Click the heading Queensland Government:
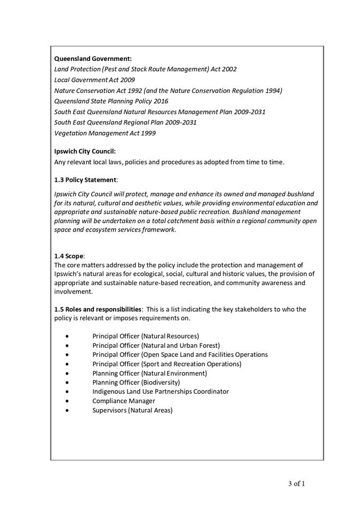[93, 58]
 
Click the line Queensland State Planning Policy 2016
[111, 101]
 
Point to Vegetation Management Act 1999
[105, 133]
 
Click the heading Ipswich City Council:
[85, 151]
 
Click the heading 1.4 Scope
[69, 256]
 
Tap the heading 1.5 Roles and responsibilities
[98, 309]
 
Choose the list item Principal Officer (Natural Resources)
[145, 336]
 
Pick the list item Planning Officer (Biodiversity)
[136, 382]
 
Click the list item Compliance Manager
[124, 401]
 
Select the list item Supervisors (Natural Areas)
[132, 410]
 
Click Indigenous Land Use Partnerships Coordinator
[160, 391]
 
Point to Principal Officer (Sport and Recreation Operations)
[166, 364]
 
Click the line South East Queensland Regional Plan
[125, 122]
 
